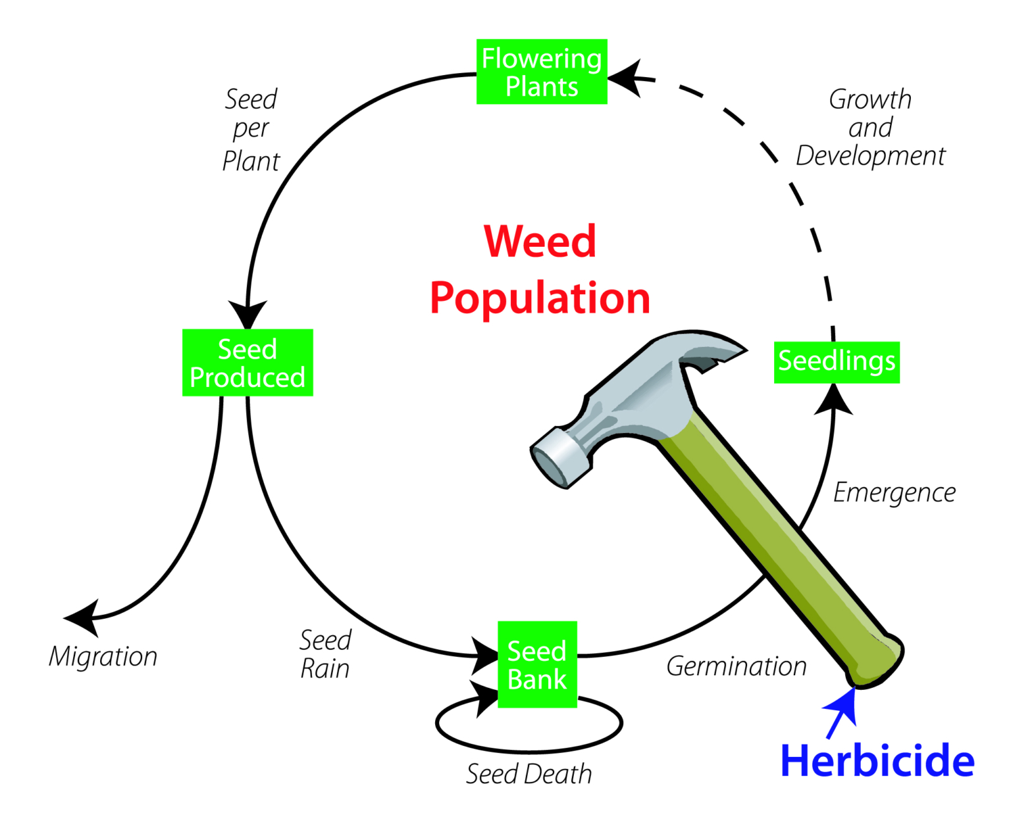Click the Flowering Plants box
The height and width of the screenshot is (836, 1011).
click(542, 72)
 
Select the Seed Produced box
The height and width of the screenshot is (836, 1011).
click(247, 363)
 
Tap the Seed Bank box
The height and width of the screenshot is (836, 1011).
click(537, 664)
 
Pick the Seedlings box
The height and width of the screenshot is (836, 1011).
click(837, 362)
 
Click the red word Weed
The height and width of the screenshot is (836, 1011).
click(540, 242)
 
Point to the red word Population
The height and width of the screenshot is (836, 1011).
click(540, 298)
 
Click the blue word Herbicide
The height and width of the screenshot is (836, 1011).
click(877, 761)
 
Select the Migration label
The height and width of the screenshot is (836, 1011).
click(103, 656)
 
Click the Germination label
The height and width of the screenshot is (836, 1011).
click(737, 666)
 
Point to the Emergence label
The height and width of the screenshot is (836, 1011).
click(894, 492)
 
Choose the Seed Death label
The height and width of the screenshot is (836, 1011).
click(529, 774)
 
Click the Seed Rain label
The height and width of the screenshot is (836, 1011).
click(325, 654)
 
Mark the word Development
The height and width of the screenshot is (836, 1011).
click(870, 156)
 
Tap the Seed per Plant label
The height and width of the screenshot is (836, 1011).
click(251, 130)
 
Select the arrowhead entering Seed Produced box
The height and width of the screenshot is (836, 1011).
click(247, 313)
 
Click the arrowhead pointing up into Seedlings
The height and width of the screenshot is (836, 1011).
click(833, 399)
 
